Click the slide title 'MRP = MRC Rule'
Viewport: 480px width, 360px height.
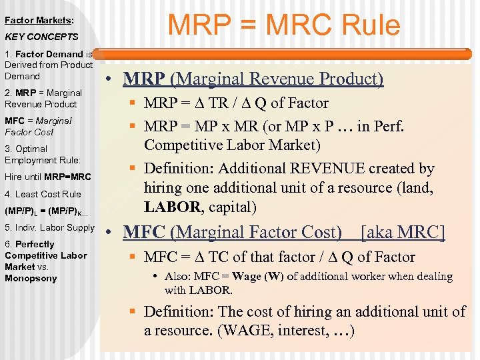tap(284, 25)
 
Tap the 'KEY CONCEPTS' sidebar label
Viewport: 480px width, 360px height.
tap(41, 37)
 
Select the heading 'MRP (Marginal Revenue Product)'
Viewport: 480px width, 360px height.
tap(253, 79)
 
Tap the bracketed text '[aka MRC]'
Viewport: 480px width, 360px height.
tap(402, 233)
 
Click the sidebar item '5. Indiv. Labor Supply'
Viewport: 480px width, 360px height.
tap(50, 227)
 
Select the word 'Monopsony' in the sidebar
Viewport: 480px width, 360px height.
tap(31, 278)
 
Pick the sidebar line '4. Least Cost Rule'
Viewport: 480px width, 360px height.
tap(43, 194)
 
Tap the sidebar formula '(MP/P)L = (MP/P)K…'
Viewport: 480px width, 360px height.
tap(46, 211)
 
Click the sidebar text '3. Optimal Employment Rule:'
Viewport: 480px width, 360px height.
tap(43, 154)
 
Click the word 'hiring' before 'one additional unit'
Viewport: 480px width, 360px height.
tap(166, 189)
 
